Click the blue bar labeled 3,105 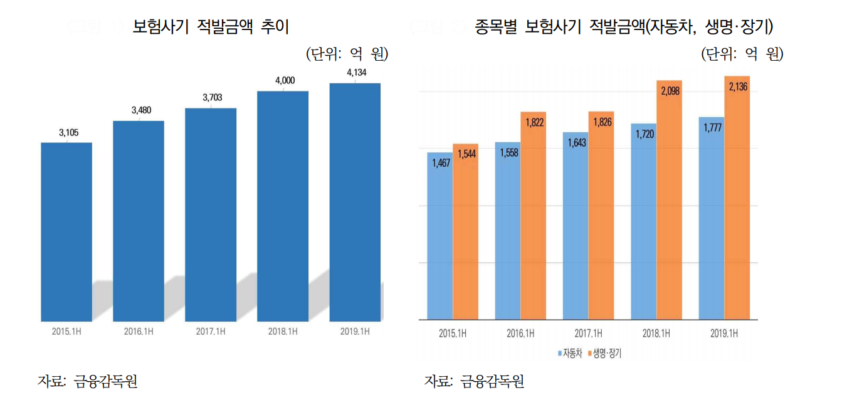(x=66, y=232)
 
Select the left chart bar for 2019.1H (x=355, y=202)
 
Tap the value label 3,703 (x=212, y=98)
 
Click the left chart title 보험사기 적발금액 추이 (x=211, y=27)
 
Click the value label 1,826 (x=601, y=122)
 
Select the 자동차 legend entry (x=571, y=353)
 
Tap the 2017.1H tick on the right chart (x=588, y=334)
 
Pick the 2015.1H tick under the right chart (x=452, y=334)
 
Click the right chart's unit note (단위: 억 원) (x=742, y=55)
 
